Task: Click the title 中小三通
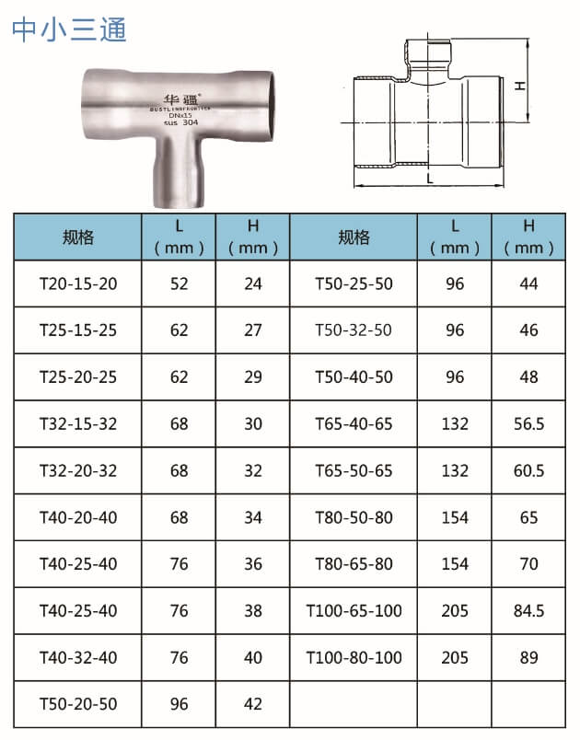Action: (x=69, y=29)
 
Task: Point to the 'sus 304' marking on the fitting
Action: (x=181, y=122)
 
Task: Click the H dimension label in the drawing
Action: (x=519, y=86)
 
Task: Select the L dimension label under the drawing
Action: (x=429, y=179)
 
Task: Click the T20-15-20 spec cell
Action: (x=78, y=283)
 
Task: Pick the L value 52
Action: (x=179, y=283)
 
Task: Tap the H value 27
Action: (x=253, y=330)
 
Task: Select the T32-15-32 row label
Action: (x=78, y=423)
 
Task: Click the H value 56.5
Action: (x=528, y=423)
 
